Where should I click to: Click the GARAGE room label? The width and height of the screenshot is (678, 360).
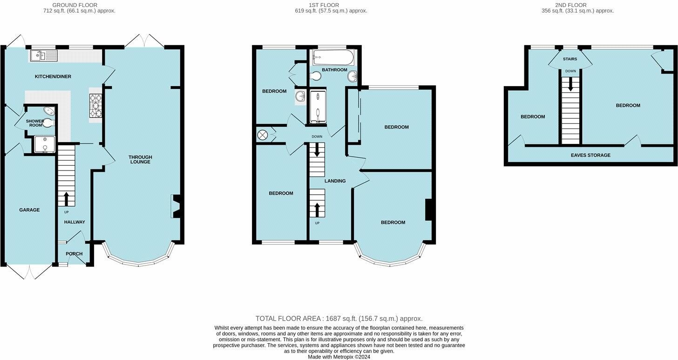(x=29, y=210)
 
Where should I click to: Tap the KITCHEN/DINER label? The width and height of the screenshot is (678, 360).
(x=53, y=76)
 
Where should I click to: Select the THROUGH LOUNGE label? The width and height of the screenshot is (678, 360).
(x=140, y=159)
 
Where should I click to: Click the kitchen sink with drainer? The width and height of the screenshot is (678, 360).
(x=44, y=56)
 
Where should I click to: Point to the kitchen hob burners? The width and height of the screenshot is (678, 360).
(x=95, y=106)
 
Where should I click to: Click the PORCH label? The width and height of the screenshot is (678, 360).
(x=74, y=254)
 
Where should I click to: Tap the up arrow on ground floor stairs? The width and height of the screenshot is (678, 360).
(x=66, y=199)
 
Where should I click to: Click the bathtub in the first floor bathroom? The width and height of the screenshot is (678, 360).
(x=333, y=58)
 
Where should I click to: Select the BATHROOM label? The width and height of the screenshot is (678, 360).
(x=334, y=70)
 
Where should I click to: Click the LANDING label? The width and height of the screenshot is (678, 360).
(x=335, y=181)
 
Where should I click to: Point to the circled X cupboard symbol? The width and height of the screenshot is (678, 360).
(x=262, y=135)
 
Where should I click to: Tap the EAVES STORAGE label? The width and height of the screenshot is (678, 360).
(x=590, y=156)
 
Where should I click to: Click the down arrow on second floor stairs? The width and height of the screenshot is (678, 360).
(x=570, y=84)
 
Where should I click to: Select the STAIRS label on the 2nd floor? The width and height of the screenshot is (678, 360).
(x=570, y=59)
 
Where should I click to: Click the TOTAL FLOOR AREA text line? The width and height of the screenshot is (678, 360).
(x=339, y=319)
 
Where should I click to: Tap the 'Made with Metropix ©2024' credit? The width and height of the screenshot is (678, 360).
(x=339, y=357)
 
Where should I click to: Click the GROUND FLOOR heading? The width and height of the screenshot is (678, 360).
(x=75, y=5)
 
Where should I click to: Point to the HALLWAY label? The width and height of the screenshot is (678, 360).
(x=75, y=222)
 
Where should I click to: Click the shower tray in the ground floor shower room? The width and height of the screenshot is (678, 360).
(x=45, y=144)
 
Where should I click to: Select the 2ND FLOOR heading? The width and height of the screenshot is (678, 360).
(x=571, y=5)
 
